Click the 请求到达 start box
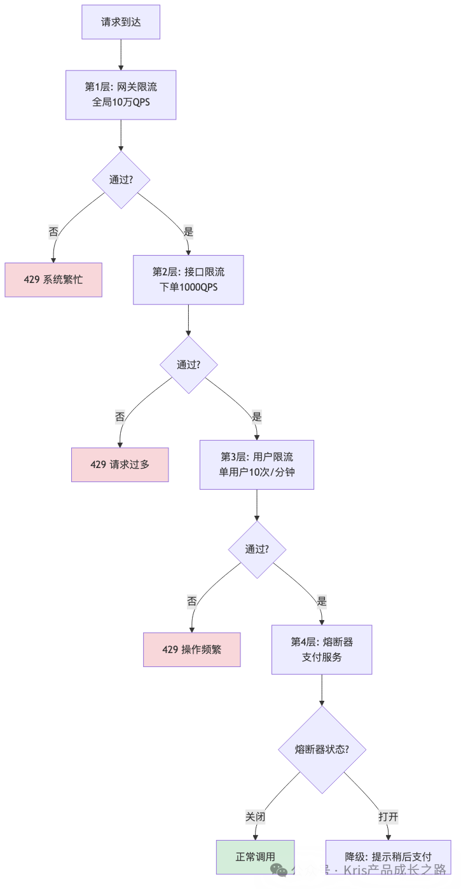pos(121,22)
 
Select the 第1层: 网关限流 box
pos(121,95)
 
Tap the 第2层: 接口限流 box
pos(188,280)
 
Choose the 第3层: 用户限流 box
pos(256,465)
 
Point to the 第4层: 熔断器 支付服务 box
pos(322,649)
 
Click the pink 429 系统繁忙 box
pos(53,279)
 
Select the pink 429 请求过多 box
pos(120,464)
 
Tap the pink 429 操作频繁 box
pos(191,649)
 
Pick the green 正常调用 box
pos(256,857)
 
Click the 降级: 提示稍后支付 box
pos(388,857)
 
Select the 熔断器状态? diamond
pos(322,749)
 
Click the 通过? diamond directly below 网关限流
pos(121,179)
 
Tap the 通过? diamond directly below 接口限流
pos(188,364)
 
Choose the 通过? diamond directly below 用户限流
pos(256,549)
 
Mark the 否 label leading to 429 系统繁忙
pos(53,232)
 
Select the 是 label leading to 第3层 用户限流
pos(256,417)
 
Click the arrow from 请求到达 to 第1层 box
pos(121,55)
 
